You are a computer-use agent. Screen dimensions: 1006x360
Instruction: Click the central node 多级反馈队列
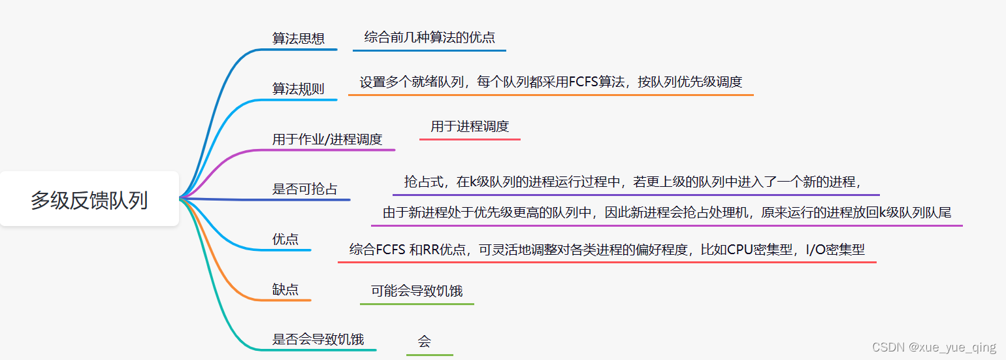tap(89, 200)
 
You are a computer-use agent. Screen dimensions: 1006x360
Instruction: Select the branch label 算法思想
tap(299, 39)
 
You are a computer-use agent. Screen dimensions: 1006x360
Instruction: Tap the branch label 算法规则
tap(298, 89)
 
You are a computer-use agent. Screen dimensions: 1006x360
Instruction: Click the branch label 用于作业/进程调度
tap(327, 139)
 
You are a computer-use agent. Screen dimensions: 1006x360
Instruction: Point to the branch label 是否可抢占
tap(304, 189)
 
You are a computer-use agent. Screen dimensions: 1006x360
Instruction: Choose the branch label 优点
tap(285, 240)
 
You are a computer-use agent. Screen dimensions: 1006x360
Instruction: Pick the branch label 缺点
tap(285, 289)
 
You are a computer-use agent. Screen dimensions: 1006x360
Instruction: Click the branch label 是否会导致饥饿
tap(317, 340)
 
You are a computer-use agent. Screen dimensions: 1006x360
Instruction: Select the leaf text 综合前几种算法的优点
tap(429, 37)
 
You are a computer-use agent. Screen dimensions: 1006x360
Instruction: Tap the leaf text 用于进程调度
tap(470, 127)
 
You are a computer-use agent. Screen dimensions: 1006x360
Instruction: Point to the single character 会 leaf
tap(425, 341)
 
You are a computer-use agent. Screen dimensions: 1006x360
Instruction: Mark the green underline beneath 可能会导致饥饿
tap(417, 304)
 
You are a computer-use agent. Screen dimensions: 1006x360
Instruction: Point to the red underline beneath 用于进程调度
tap(470, 139)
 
